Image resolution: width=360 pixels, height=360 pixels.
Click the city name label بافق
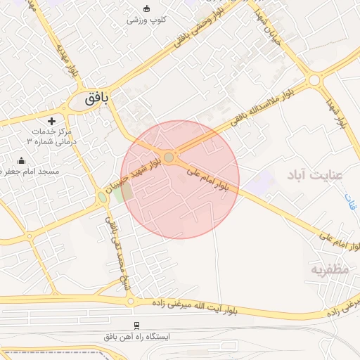tap(97, 99)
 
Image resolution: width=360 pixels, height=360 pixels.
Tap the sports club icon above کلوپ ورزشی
tap(146, 8)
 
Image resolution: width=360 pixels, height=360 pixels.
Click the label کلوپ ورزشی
tap(146, 20)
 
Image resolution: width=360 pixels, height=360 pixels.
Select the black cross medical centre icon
tap(51, 121)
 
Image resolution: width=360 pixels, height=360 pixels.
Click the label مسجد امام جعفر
tap(30, 172)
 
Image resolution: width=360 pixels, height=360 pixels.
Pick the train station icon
tap(136, 326)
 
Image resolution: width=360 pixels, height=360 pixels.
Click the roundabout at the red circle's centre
tap(169, 155)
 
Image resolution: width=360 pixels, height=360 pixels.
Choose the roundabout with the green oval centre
tap(103, 198)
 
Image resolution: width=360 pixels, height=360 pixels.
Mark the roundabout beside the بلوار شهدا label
tap(314, 80)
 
